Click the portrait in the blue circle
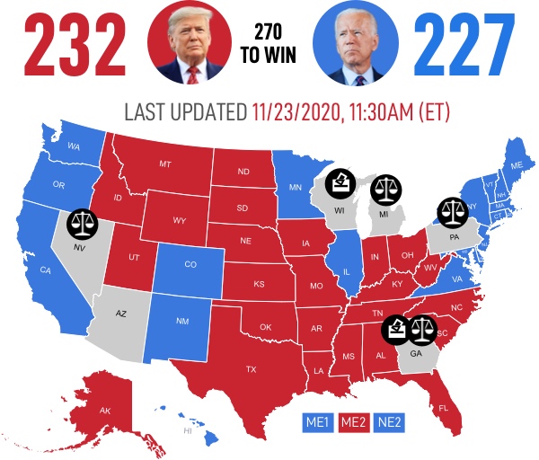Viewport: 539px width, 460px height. point(352,40)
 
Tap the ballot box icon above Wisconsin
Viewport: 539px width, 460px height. point(340,183)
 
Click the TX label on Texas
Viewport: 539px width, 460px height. point(251,369)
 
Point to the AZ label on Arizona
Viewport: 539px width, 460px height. point(123,314)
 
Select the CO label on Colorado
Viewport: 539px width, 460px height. point(190,265)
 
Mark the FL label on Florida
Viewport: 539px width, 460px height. point(443,408)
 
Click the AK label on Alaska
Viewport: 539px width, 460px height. point(105,411)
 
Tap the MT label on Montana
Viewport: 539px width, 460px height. point(165,164)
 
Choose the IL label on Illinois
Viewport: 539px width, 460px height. point(346,269)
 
